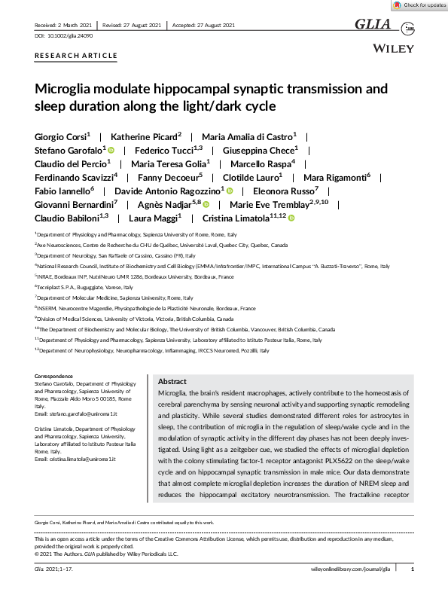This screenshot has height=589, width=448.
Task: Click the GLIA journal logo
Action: point(373,25)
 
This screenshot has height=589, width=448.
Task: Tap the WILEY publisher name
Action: point(393,47)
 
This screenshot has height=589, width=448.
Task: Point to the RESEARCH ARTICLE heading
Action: point(76,56)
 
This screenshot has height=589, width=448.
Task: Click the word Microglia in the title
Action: point(67,90)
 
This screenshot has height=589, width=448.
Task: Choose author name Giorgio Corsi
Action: point(61,136)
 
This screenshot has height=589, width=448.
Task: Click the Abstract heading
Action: point(173,383)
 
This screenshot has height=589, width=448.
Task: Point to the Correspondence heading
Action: point(54,376)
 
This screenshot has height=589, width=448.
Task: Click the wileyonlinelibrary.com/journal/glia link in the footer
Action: point(350,570)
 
